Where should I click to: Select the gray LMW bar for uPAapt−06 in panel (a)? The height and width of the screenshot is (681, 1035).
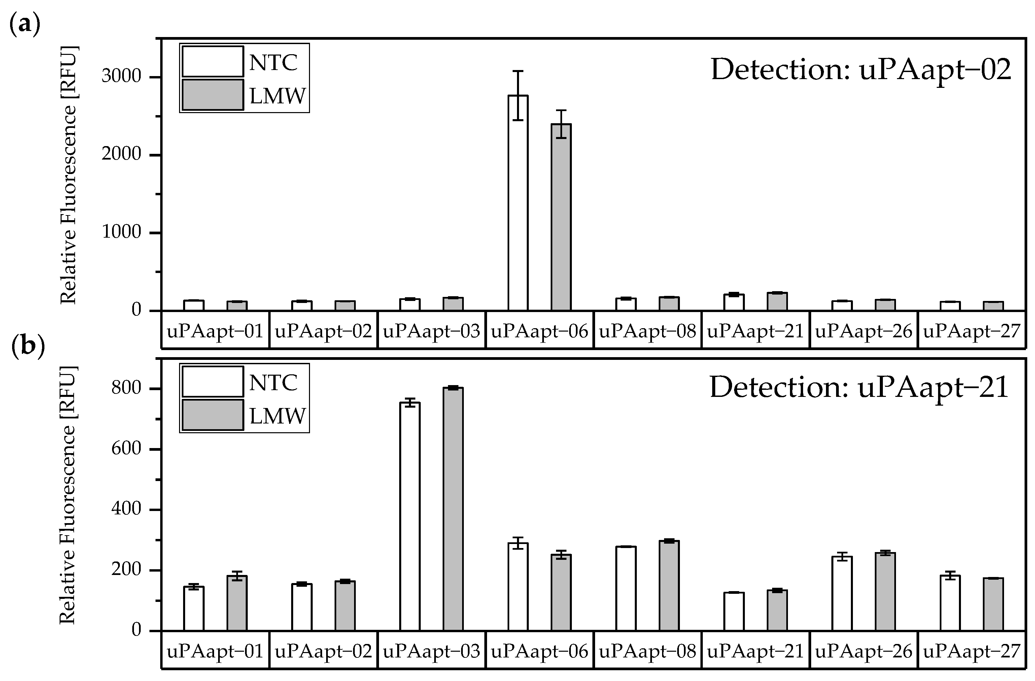(x=561, y=217)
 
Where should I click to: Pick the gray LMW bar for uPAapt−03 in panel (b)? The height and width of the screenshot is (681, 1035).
(x=453, y=509)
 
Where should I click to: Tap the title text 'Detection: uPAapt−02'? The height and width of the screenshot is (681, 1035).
(x=861, y=70)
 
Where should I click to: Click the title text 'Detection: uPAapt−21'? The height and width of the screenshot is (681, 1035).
(x=859, y=387)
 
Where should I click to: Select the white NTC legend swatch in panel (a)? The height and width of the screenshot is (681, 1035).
(x=212, y=62)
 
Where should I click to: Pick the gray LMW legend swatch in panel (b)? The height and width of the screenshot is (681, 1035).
(x=212, y=415)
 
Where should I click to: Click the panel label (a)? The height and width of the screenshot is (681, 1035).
(x=25, y=24)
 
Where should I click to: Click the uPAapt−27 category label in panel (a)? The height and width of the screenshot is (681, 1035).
(x=971, y=331)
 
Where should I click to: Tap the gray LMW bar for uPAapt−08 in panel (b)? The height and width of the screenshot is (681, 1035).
(x=669, y=585)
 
